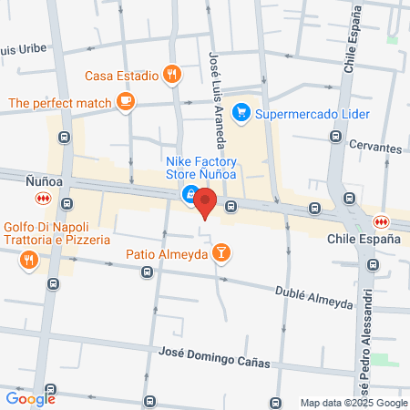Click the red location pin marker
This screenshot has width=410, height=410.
pyautogui.click(x=205, y=202)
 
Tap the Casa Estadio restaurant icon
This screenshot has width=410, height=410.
pyautogui.click(x=170, y=76)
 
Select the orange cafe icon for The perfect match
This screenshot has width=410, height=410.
pyautogui.click(x=127, y=103)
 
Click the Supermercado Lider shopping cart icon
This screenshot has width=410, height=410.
pyautogui.click(x=241, y=113)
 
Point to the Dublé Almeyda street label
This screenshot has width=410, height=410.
pyautogui.click(x=313, y=297)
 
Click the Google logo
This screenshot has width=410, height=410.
pyautogui.click(x=31, y=397)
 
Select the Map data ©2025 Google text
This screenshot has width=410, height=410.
pyautogui.click(x=354, y=403)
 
